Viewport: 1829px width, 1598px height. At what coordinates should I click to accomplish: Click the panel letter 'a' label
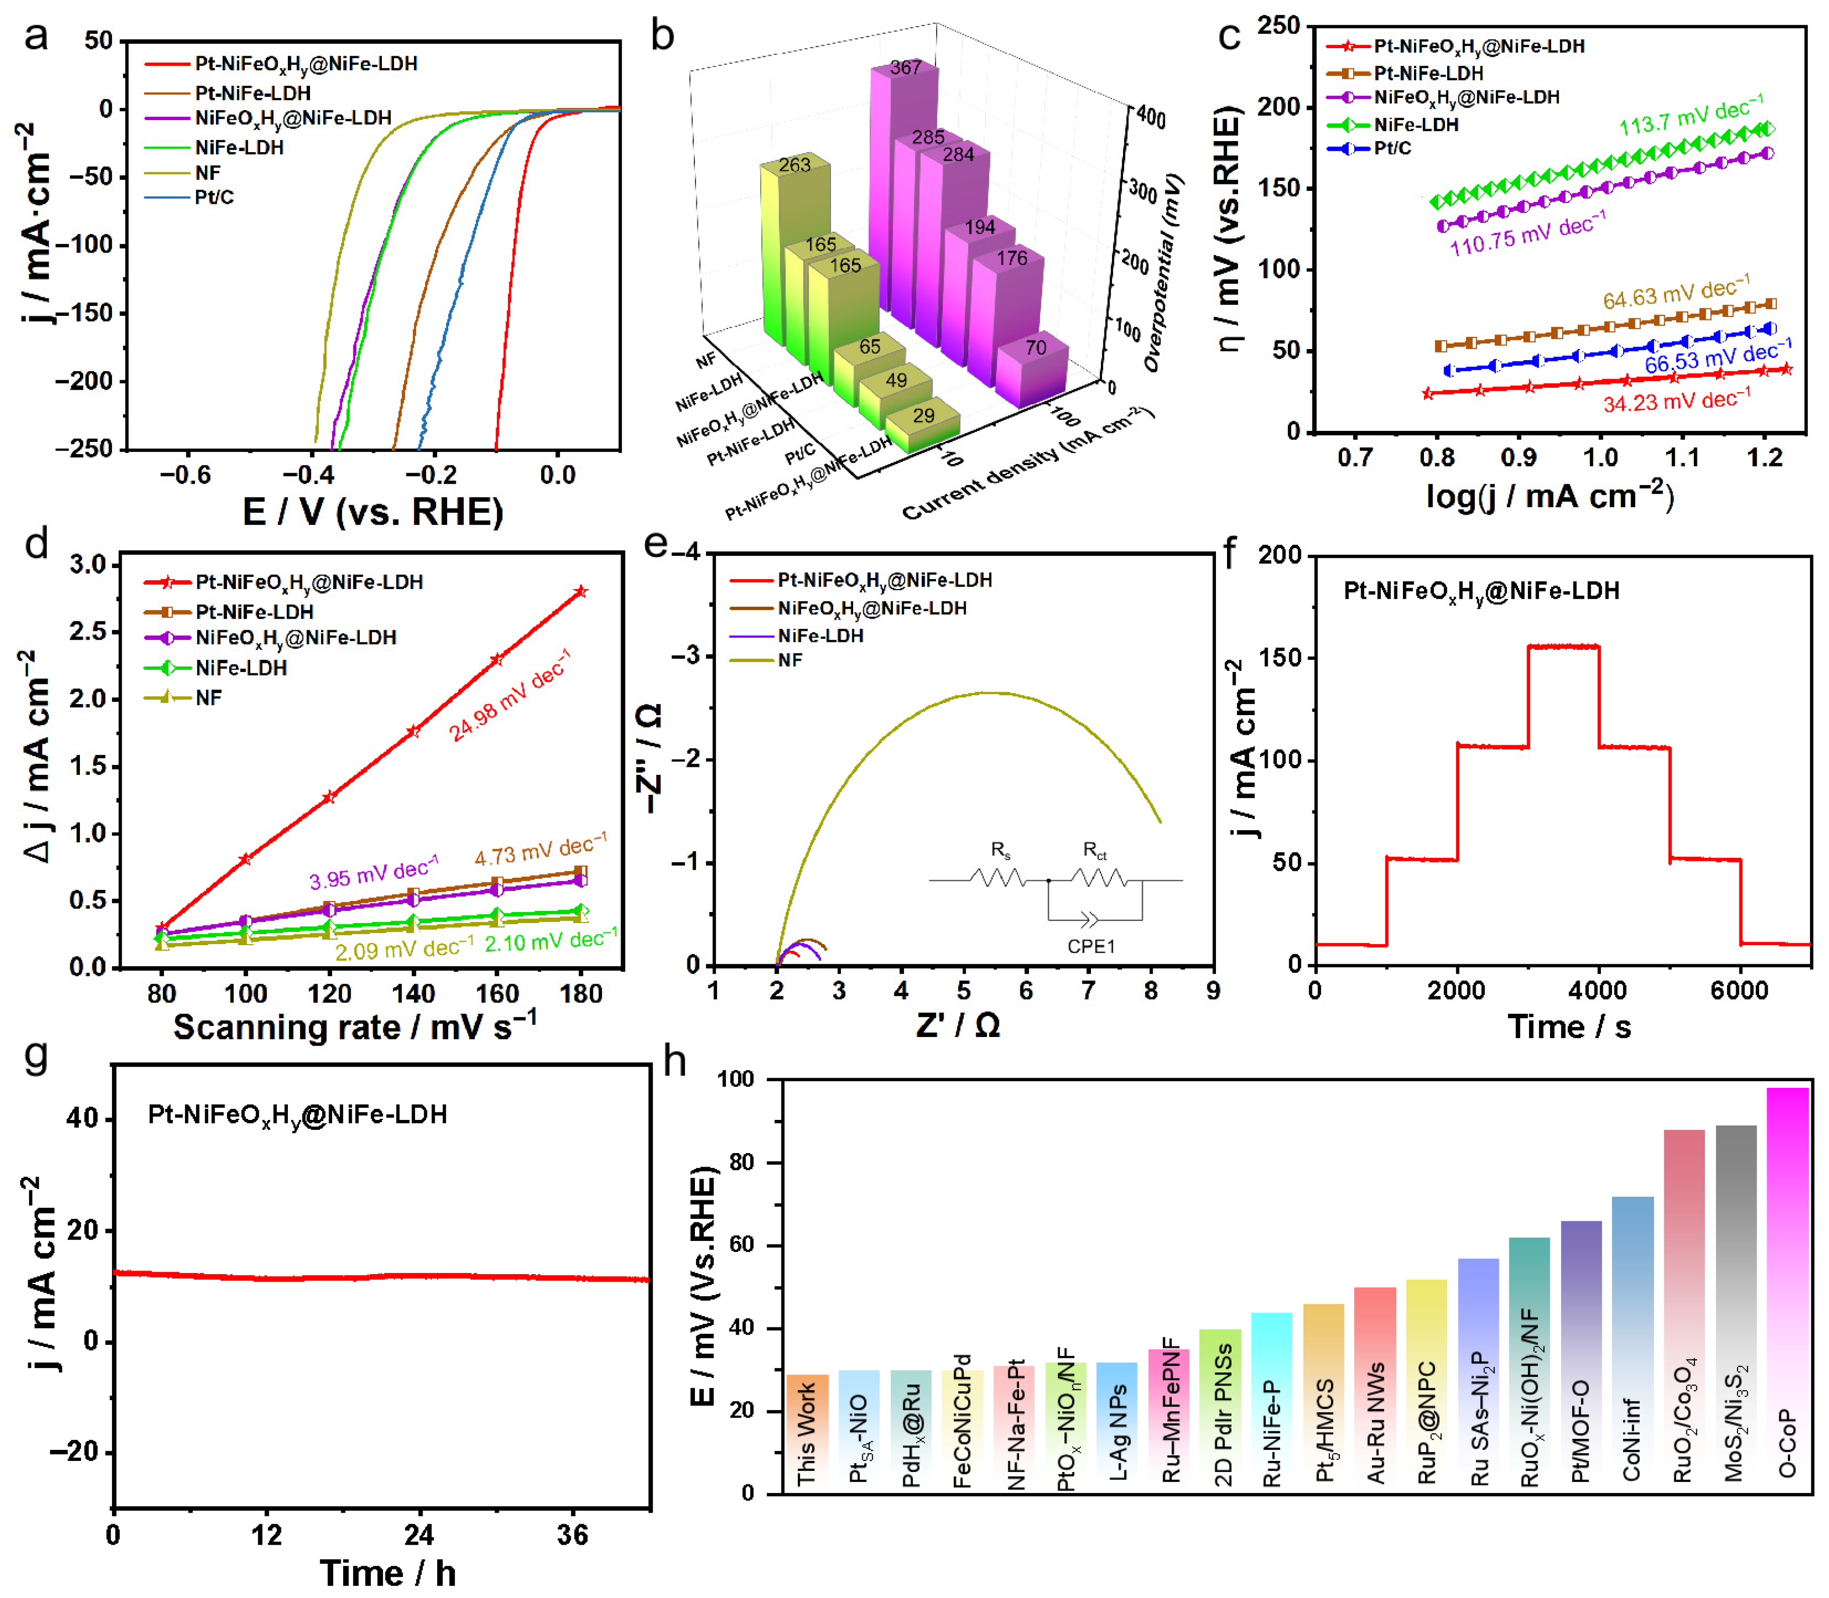point(36,38)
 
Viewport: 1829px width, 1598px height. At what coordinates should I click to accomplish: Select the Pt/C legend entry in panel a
point(214,197)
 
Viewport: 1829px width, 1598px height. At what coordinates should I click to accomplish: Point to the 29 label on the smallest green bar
point(924,415)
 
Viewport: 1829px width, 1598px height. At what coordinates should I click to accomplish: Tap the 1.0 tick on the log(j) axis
point(1600,459)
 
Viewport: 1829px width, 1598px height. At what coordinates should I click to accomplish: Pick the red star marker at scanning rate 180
point(581,591)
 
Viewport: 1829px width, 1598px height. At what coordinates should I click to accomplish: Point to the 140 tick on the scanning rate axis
point(413,993)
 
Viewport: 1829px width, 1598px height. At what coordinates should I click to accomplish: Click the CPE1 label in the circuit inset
point(1091,946)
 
